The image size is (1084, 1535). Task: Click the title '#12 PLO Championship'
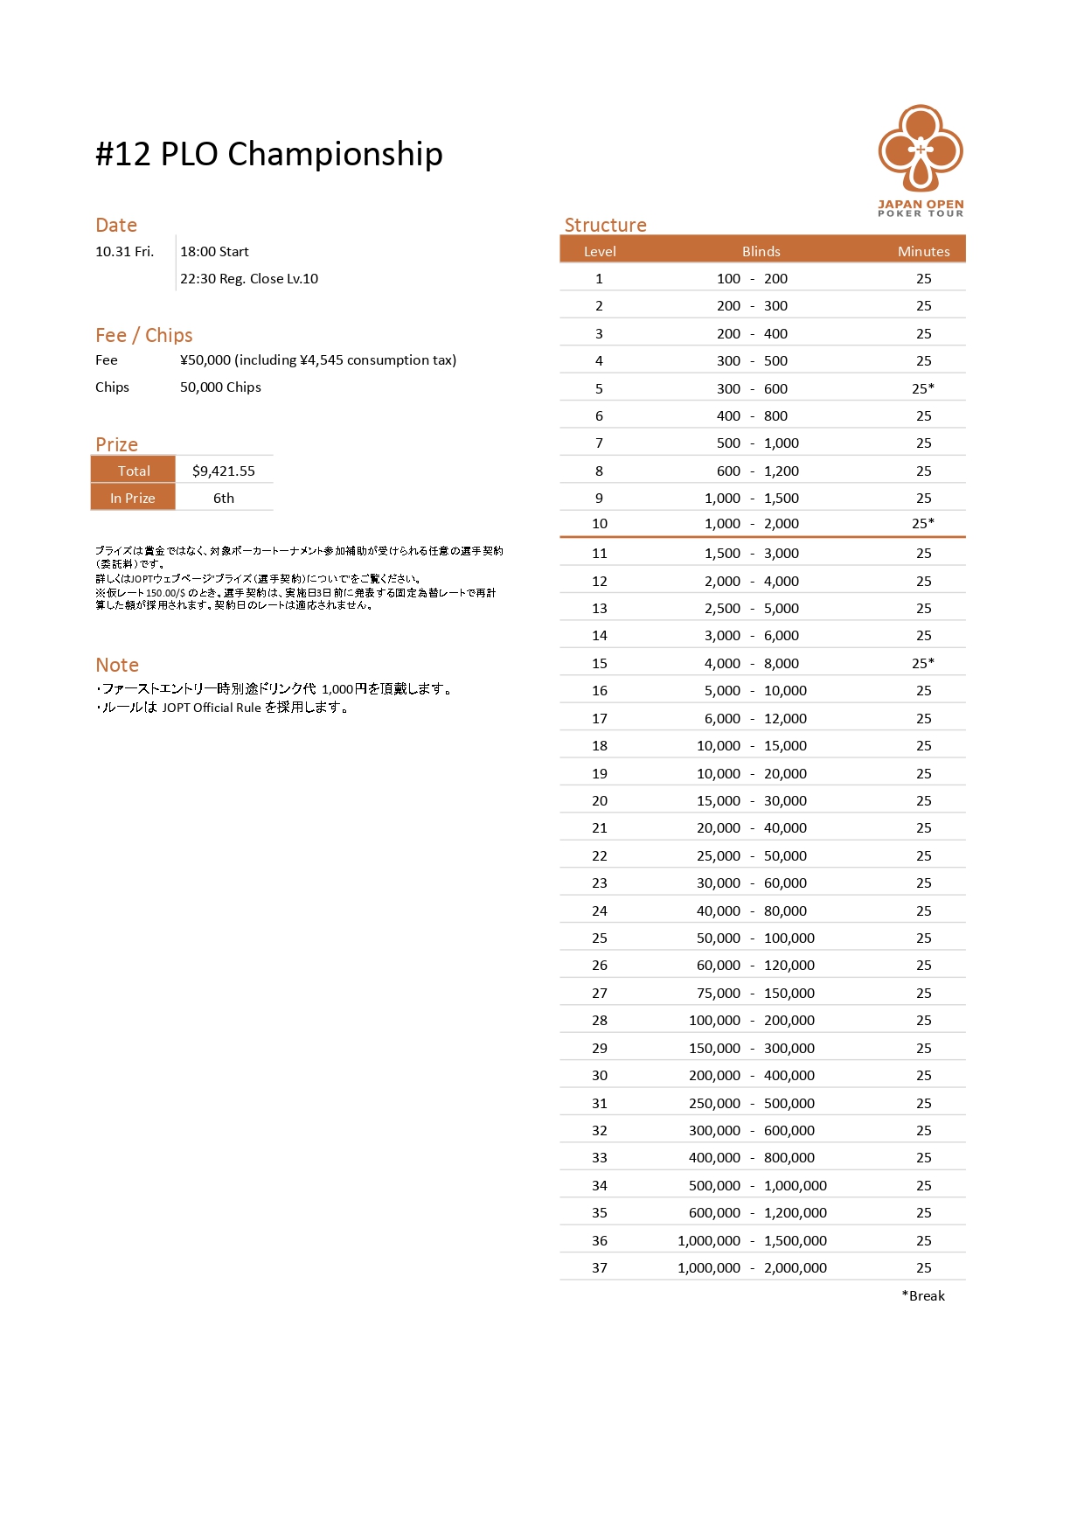268,154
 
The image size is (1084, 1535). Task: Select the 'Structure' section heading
605,225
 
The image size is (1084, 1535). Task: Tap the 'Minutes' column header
923,251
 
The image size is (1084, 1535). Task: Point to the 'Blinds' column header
761,251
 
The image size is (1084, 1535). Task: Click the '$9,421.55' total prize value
224,471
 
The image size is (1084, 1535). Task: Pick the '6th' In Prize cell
224,498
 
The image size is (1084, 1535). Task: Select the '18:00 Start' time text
214,251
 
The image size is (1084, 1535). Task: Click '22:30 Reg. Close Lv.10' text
249,278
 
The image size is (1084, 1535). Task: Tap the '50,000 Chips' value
220,387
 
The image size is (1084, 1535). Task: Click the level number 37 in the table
599,1267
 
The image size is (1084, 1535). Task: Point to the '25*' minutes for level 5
923,388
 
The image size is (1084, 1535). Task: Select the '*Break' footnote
923,1295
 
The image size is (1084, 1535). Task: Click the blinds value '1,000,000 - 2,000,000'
752,1267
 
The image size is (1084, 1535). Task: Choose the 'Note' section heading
117,665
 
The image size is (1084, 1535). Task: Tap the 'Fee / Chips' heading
143,335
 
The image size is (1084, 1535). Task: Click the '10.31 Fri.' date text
124,251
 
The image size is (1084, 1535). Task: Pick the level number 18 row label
599,745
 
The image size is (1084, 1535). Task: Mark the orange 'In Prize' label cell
133,498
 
